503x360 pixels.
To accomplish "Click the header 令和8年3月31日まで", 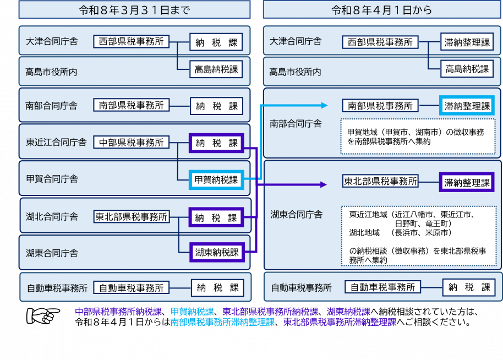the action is click(x=134, y=9).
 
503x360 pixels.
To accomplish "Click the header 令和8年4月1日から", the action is click(x=382, y=9).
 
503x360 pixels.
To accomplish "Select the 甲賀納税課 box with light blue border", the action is click(x=216, y=179).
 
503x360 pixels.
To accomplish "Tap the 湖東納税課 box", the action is click(x=217, y=252).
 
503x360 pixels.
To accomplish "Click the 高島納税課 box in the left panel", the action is click(x=216, y=69).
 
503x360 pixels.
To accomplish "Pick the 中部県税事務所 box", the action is click(x=131, y=142).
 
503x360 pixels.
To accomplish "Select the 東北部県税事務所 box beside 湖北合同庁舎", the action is click(x=132, y=216).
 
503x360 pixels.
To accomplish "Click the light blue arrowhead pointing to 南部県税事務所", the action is click(x=324, y=105).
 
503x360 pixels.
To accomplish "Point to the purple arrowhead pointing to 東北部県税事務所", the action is click(x=324, y=184).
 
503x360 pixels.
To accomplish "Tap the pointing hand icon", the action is click(x=43, y=315).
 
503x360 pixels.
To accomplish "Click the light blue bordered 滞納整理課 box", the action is click(x=467, y=106).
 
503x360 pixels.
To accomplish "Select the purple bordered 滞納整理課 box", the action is click(x=467, y=182).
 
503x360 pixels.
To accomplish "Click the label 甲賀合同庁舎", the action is click(x=52, y=179).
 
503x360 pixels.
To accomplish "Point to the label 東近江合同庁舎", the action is click(x=56, y=142).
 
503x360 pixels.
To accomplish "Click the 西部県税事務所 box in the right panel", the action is click(x=380, y=42).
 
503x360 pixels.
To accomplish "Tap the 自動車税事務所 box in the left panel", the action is click(x=131, y=288).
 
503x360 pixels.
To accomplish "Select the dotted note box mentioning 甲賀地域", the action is click(x=418, y=137).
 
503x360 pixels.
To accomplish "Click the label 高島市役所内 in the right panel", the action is click(x=295, y=72).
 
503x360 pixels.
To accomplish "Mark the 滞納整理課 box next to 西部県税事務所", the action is click(x=467, y=42).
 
